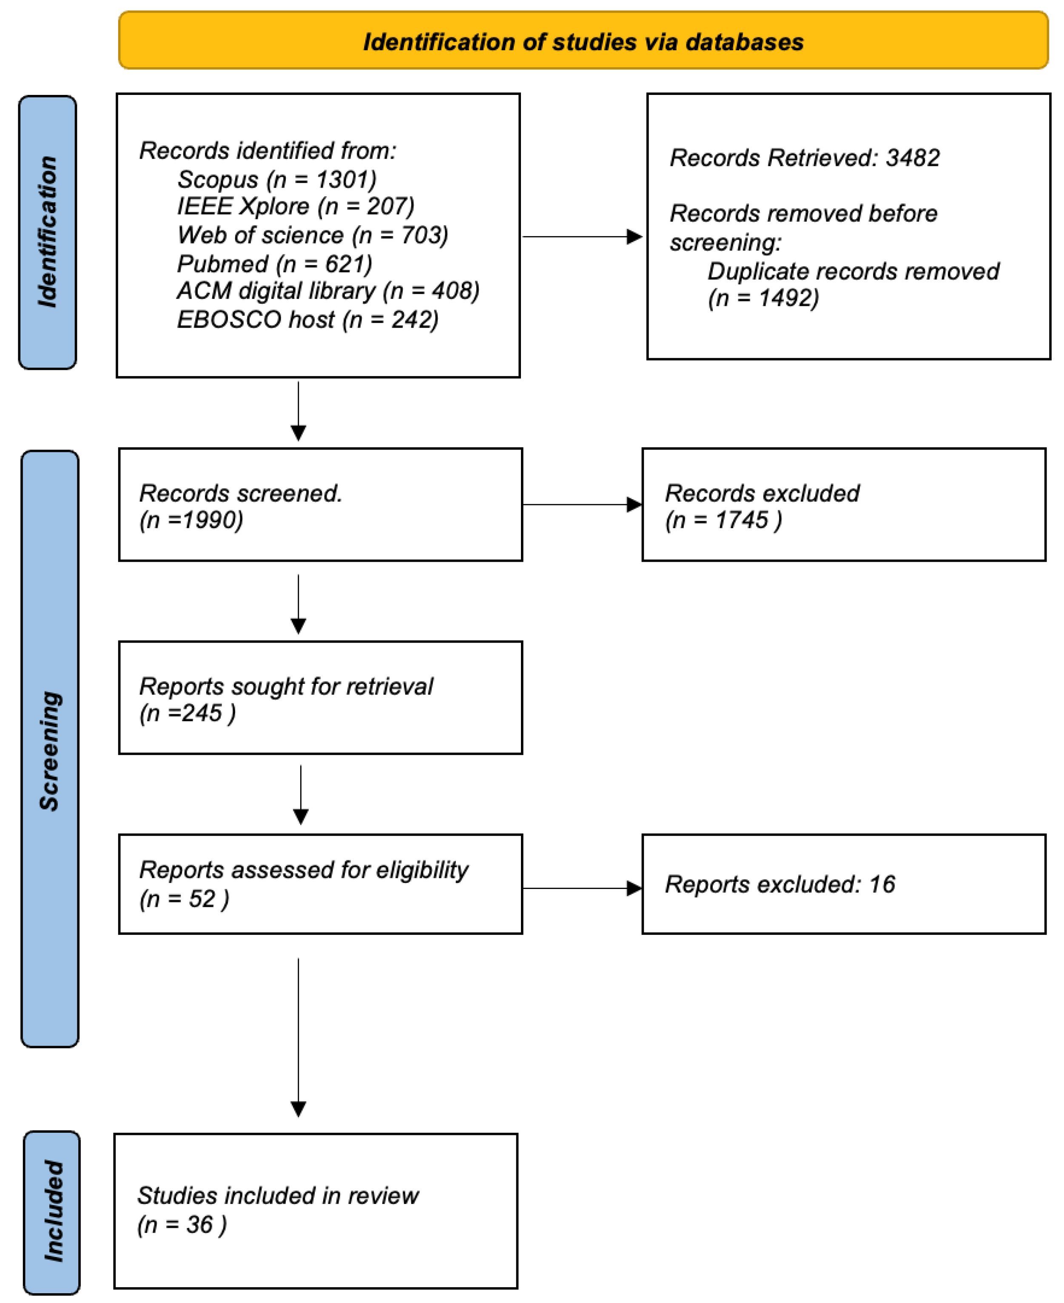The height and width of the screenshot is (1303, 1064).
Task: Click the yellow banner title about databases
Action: [583, 42]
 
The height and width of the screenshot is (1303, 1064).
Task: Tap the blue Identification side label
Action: [48, 232]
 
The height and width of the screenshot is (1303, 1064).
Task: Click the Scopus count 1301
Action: [346, 179]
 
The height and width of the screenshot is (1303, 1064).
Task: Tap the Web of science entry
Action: [313, 235]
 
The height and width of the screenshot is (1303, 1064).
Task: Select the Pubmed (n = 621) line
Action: [274, 264]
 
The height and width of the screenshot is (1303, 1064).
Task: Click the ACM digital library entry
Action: [328, 291]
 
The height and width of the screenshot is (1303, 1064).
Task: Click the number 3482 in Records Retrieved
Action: [913, 158]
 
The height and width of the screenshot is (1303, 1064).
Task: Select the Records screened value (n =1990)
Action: [191, 520]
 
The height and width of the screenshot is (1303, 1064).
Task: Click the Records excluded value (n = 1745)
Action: [723, 520]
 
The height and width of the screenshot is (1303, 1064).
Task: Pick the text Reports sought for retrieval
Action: [286, 686]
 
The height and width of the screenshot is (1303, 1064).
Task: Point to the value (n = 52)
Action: [184, 898]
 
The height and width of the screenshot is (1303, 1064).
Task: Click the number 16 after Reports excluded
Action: [882, 884]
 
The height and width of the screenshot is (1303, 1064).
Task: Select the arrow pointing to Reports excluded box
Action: [582, 888]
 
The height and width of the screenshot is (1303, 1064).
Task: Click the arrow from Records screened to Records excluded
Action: [582, 505]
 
